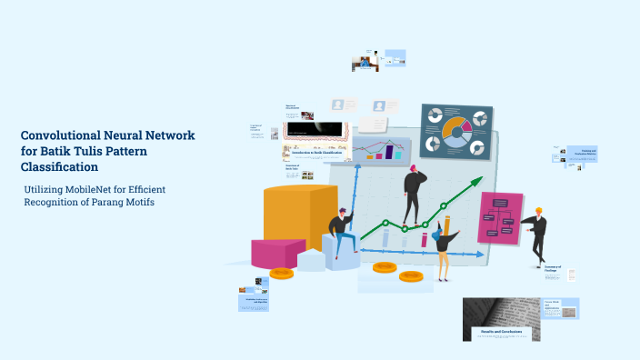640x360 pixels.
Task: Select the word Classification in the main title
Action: click(60, 167)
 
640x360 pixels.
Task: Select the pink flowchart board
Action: click(500, 217)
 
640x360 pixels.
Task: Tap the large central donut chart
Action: click(455, 133)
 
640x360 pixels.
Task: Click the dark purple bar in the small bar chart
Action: click(390, 152)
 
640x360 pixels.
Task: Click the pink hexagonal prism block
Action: click(276, 253)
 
